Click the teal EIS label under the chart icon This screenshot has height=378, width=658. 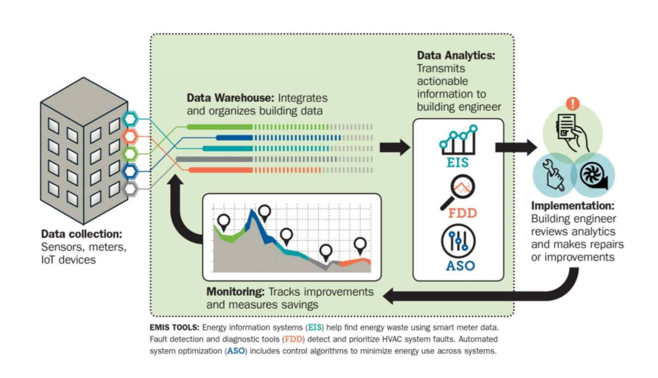click(457, 163)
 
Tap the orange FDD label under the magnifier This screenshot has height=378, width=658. click(462, 213)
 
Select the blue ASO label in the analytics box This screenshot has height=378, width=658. click(460, 266)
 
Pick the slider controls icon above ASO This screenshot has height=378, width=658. click(458, 241)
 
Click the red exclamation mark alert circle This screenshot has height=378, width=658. click(572, 103)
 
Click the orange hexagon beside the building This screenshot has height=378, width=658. click(130, 136)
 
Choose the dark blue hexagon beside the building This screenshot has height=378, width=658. click(130, 172)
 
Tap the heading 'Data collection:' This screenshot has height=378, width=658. click(82, 234)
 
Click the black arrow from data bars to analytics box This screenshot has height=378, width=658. click(394, 147)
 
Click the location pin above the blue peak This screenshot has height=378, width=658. click(264, 212)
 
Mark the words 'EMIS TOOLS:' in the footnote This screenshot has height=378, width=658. click(174, 328)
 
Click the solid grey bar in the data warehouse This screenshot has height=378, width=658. click(214, 159)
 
